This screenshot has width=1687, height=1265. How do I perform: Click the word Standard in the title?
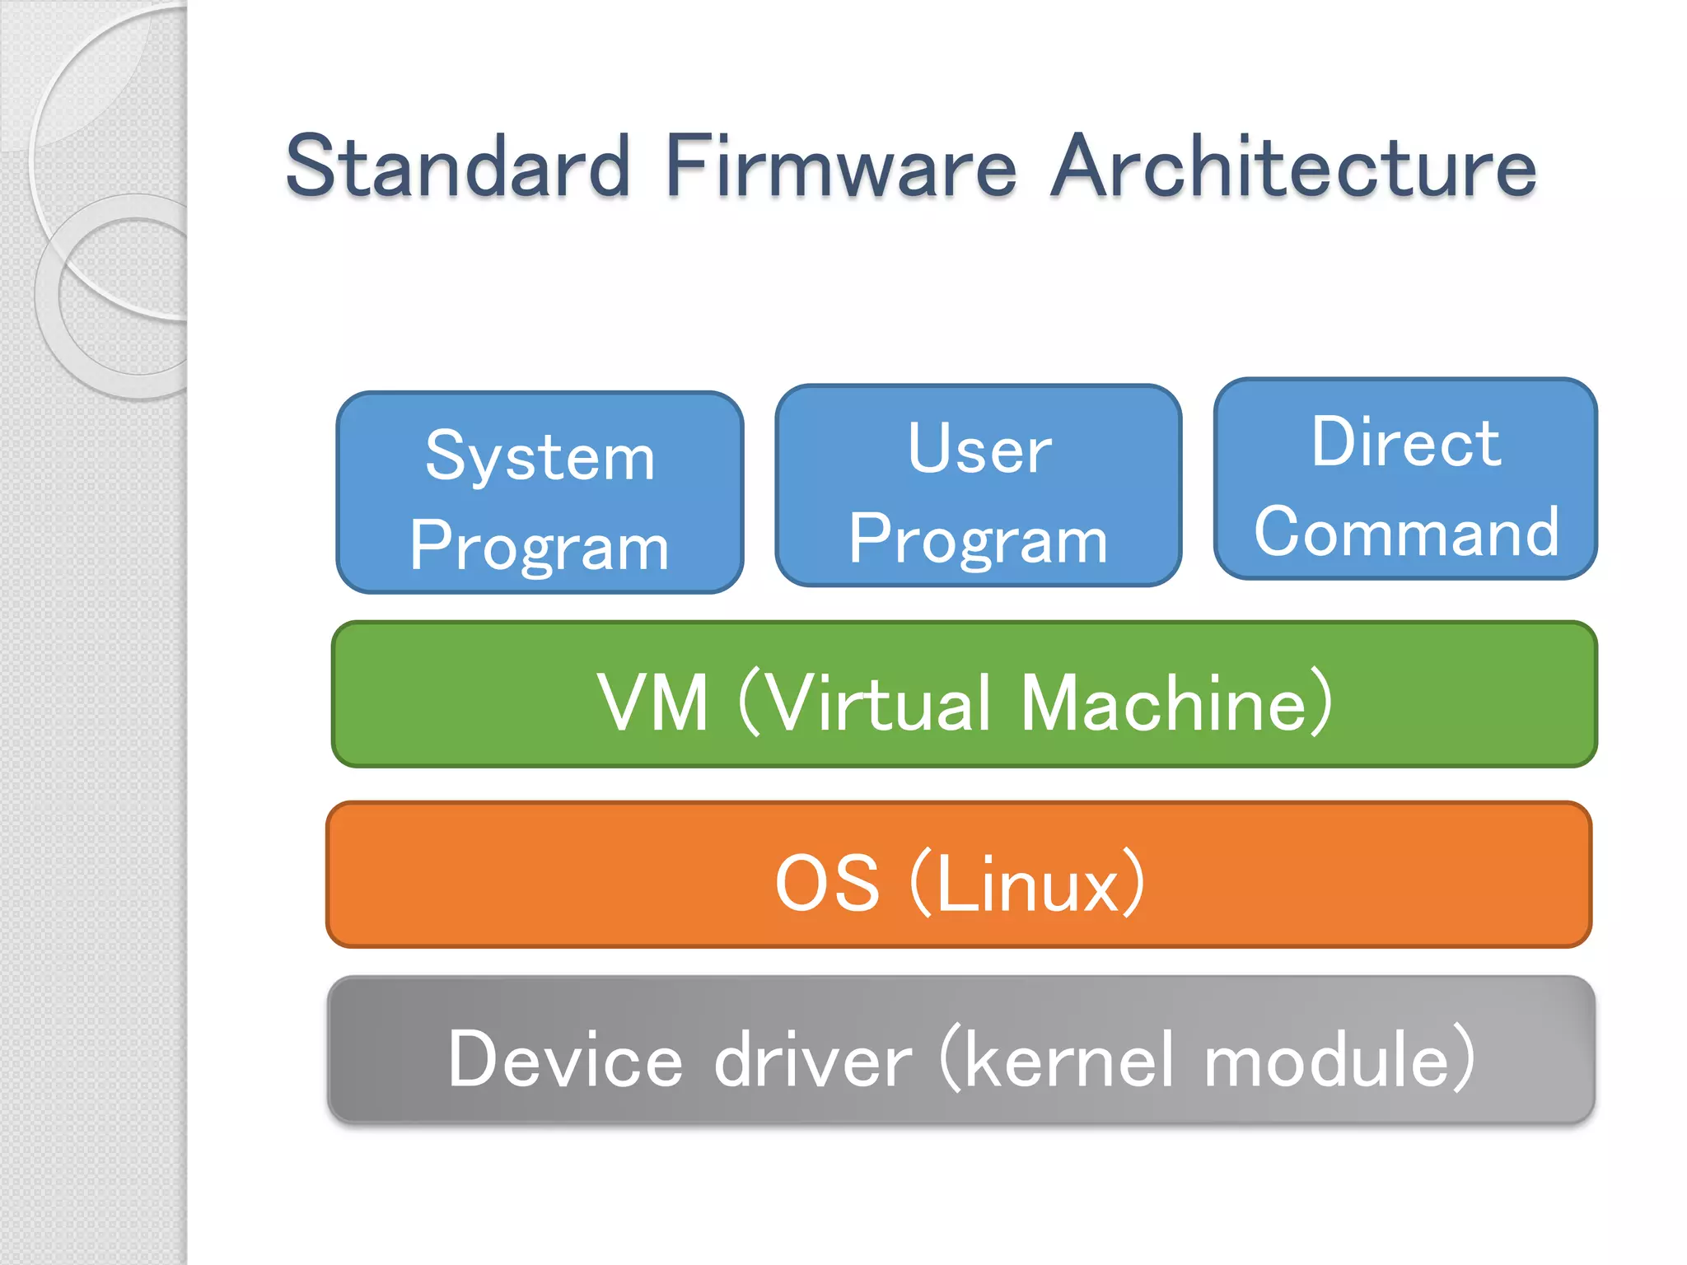[458, 166]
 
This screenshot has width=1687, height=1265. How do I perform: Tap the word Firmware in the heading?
[841, 166]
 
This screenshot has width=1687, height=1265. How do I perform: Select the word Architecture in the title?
[1293, 166]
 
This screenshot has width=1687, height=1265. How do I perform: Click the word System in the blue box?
[540, 457]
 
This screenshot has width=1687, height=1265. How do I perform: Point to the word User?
[979, 450]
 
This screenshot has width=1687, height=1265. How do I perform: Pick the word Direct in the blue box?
[1405, 443]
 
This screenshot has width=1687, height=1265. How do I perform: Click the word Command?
[1405, 532]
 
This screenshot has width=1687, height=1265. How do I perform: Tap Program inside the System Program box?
[540, 547]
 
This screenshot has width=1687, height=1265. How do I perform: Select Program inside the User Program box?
[979, 540]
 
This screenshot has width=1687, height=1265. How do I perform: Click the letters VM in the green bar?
[652, 703]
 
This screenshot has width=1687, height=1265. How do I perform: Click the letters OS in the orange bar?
[827, 884]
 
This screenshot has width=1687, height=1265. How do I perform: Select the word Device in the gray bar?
[565, 1060]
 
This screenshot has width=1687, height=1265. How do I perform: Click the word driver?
[812, 1060]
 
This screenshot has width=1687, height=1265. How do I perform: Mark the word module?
[1326, 1060]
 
